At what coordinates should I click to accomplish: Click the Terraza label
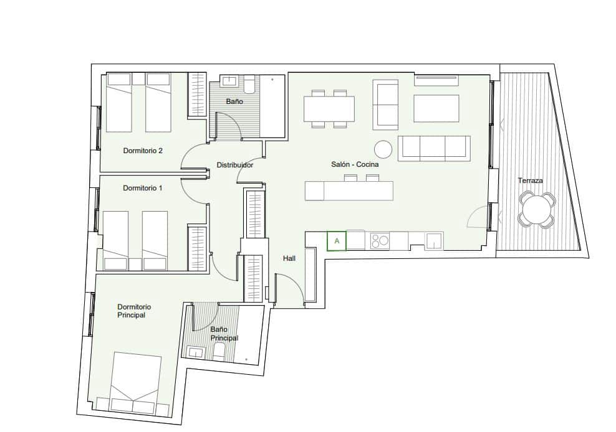click(x=530, y=181)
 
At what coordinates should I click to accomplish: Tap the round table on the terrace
click(x=536, y=210)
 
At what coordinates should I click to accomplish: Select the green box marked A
click(x=337, y=241)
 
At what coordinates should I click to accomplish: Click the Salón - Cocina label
click(x=355, y=165)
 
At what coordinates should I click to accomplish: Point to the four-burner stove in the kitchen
click(x=379, y=240)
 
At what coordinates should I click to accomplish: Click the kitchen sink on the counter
click(x=434, y=240)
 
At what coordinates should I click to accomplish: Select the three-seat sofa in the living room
click(x=434, y=148)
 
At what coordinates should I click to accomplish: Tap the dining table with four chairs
click(x=329, y=109)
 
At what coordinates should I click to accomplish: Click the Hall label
click(x=289, y=258)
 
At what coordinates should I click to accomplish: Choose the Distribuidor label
click(x=234, y=166)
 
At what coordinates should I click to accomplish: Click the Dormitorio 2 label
click(x=143, y=151)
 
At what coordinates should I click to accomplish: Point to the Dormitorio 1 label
click(x=142, y=188)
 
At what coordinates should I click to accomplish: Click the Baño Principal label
click(x=224, y=334)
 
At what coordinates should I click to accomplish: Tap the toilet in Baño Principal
click(x=219, y=353)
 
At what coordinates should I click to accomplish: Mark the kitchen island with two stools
click(x=349, y=190)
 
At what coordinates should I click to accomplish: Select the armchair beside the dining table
click(x=386, y=103)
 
